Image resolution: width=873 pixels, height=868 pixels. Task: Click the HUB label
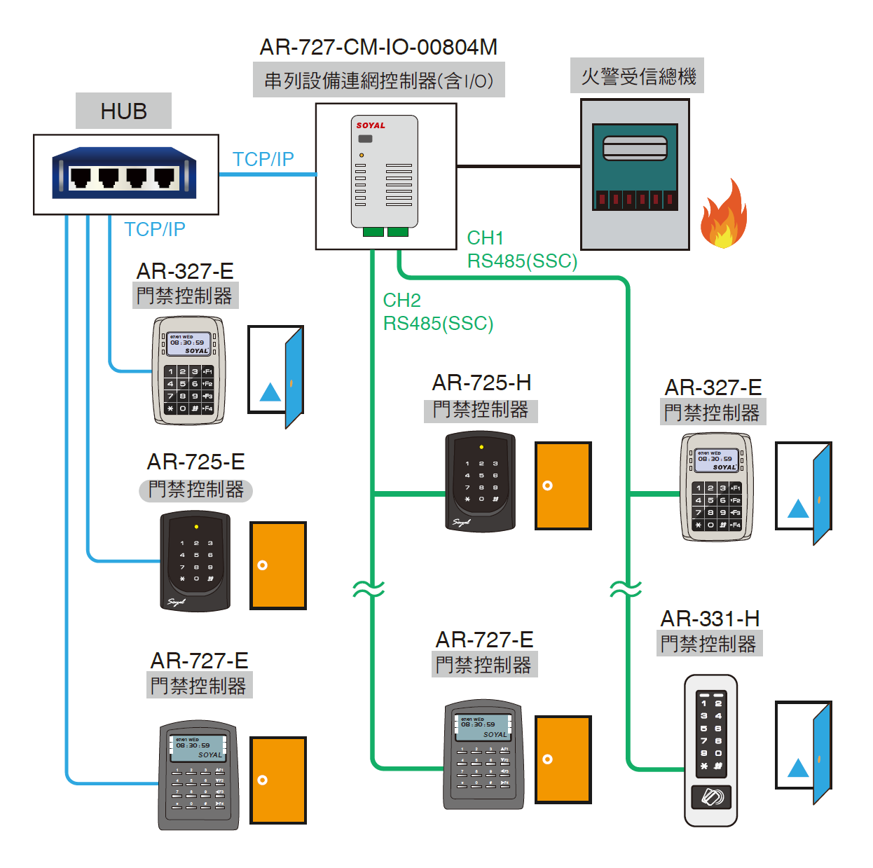tap(123, 111)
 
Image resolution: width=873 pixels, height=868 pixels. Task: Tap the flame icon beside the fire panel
tap(723, 216)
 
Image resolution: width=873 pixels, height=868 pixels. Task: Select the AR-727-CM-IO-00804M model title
tap(378, 47)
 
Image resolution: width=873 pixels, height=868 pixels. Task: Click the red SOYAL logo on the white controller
tap(371, 125)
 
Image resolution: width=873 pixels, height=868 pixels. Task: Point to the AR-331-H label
tap(710, 619)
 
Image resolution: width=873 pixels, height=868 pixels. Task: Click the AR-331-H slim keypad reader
tap(710, 750)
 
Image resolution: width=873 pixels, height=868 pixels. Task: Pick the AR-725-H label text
tap(481, 383)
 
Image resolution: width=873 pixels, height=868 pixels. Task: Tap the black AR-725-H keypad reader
tap(481, 481)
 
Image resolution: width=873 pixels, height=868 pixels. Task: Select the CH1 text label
tap(485, 238)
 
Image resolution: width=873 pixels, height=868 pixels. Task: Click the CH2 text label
tap(401, 301)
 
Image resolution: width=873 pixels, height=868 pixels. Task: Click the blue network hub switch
tap(124, 173)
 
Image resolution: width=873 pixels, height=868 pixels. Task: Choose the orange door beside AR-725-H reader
tap(563, 485)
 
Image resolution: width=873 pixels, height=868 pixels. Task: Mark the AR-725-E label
tap(195, 462)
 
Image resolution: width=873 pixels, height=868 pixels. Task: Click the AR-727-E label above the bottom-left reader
tap(199, 661)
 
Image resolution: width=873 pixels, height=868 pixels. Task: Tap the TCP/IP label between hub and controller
tap(263, 160)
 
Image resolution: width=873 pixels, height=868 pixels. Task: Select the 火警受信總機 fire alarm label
tap(638, 76)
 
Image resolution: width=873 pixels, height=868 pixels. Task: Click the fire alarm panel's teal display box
tap(635, 167)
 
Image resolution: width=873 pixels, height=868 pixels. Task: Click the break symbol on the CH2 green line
tap(369, 588)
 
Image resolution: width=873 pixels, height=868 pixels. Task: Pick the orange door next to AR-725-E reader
tap(278, 565)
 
